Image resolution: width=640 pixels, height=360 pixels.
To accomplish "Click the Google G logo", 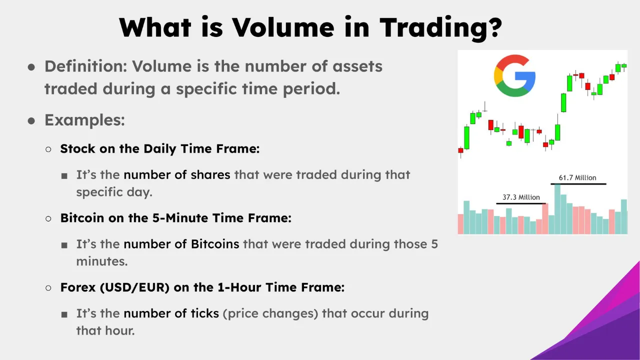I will point(514,76).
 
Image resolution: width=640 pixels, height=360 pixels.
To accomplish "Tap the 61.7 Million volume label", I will point(577,177).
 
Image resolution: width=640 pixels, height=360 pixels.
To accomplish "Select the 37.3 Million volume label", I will point(521,197).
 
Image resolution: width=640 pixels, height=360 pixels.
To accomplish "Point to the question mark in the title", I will point(492,27).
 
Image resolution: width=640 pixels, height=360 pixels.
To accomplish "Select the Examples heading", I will point(84,120).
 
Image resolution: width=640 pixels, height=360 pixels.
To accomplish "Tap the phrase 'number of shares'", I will point(177,175).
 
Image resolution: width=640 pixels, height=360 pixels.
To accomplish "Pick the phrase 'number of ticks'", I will point(171,313).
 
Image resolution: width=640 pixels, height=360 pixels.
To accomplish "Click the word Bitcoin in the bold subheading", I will point(81,218).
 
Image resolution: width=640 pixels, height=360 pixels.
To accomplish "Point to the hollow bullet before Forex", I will point(48,288).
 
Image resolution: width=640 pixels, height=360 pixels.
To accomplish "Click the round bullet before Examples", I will point(31,121).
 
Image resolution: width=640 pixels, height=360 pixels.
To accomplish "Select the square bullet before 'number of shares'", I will point(64,176).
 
